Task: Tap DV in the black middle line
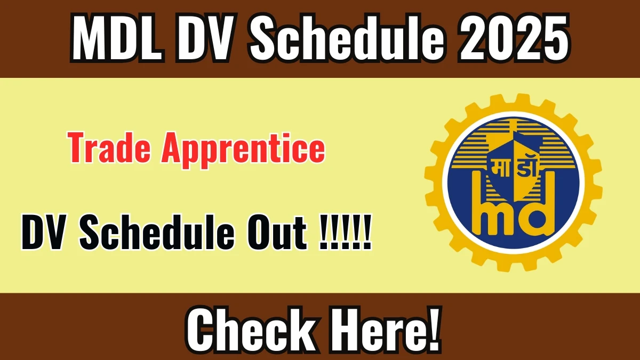[x=45, y=234]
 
